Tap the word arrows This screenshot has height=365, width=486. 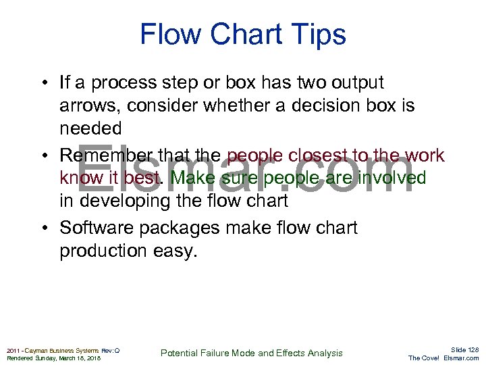pyautogui.click(x=87, y=106)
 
